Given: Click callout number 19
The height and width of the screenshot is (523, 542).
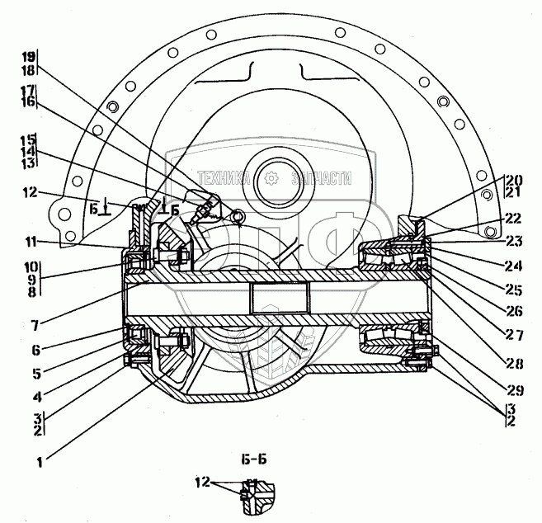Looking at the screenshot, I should coord(27,57).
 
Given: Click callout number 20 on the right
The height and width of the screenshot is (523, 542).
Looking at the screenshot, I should coord(513,181).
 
